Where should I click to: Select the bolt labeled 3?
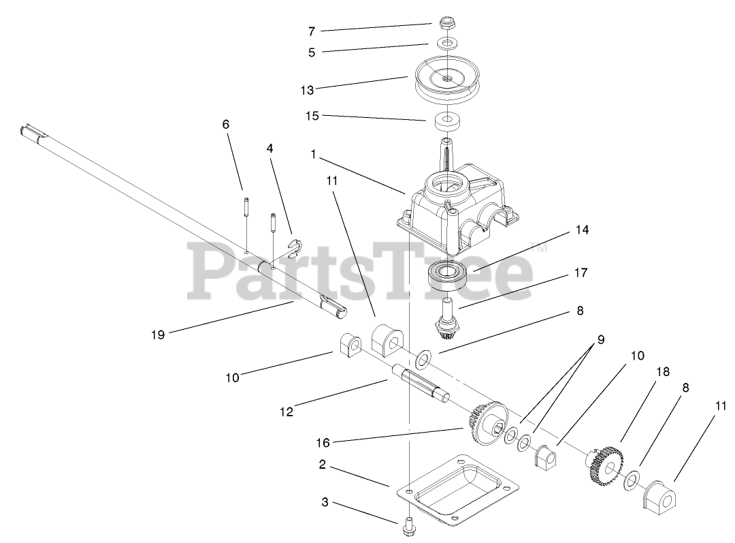point(408,526)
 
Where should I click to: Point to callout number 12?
point(286,412)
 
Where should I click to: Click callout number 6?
point(226,124)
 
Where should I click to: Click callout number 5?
point(312,52)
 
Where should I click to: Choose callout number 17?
point(581,273)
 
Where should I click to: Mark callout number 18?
point(662,372)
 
